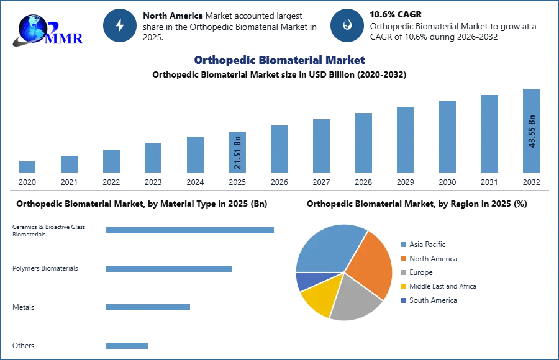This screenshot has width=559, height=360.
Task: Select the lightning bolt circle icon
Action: tap(120, 25)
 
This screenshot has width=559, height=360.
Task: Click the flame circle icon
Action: tap(347, 25)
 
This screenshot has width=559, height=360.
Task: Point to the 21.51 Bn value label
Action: tap(237, 153)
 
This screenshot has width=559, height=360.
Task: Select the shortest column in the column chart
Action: tap(27, 166)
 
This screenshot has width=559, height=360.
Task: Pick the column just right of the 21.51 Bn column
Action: tap(278, 149)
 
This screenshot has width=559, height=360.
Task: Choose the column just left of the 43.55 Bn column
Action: tap(489, 134)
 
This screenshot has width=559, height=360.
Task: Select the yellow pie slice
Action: tap(320, 294)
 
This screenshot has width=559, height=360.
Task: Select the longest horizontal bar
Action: tap(191, 229)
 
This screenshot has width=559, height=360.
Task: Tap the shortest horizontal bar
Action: tap(127, 347)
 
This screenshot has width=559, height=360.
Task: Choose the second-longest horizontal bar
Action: tap(169, 268)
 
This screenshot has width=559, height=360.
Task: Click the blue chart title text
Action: tap(280, 60)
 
